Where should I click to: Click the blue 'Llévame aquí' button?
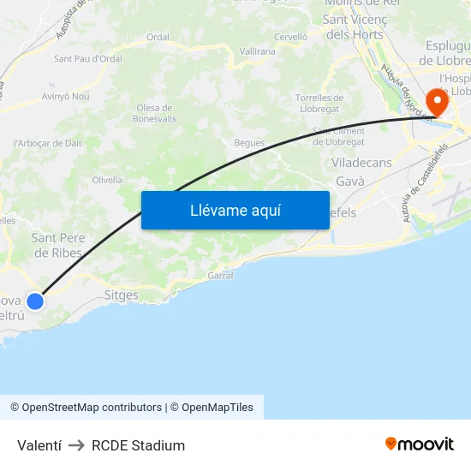(x=235, y=211)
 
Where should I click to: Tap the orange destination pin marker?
(x=437, y=103)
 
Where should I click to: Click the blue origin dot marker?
(x=35, y=301)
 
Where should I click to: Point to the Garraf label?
(x=221, y=276)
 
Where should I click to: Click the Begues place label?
(x=249, y=143)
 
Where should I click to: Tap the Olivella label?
(x=107, y=180)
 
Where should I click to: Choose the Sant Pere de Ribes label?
(x=58, y=245)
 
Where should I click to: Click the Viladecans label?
(x=361, y=163)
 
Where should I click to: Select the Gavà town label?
(x=350, y=182)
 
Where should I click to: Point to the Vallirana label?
(x=257, y=51)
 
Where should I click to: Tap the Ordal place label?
(x=158, y=37)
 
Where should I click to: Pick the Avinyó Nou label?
(x=66, y=97)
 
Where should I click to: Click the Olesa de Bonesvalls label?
(x=154, y=113)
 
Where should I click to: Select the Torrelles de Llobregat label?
(x=319, y=103)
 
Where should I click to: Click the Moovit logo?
(x=420, y=444)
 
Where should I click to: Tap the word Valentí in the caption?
(x=37, y=445)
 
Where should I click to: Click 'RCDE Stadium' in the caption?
(x=138, y=445)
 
